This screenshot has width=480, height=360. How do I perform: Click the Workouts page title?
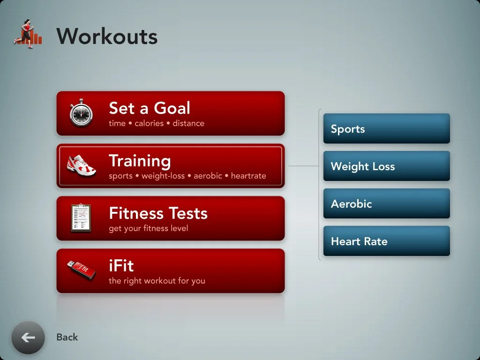(107, 36)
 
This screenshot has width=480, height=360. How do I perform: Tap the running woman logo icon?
(28, 34)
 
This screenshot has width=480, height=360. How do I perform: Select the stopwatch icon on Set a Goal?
(81, 112)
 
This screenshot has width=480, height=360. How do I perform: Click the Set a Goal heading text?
(150, 108)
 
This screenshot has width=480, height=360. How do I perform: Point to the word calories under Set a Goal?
(149, 124)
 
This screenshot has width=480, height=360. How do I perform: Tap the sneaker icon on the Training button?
(81, 166)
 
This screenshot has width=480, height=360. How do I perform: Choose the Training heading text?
(140, 161)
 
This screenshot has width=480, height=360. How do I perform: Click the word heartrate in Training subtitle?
(248, 176)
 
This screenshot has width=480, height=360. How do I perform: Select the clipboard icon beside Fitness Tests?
(81, 218)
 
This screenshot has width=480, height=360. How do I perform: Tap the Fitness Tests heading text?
(158, 213)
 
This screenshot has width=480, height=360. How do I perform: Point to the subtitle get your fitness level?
(148, 229)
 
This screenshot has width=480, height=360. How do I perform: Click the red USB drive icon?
(81, 270)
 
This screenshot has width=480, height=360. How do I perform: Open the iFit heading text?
(121, 266)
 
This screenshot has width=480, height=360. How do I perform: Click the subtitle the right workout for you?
(157, 281)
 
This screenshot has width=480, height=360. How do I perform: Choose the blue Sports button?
(386, 128)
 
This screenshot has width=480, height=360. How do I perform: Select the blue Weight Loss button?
(386, 166)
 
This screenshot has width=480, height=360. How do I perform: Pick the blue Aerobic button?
(386, 203)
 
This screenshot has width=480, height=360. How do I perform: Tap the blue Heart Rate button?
(386, 241)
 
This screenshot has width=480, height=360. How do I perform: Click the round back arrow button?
(28, 337)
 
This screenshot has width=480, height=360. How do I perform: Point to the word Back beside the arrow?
(67, 337)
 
